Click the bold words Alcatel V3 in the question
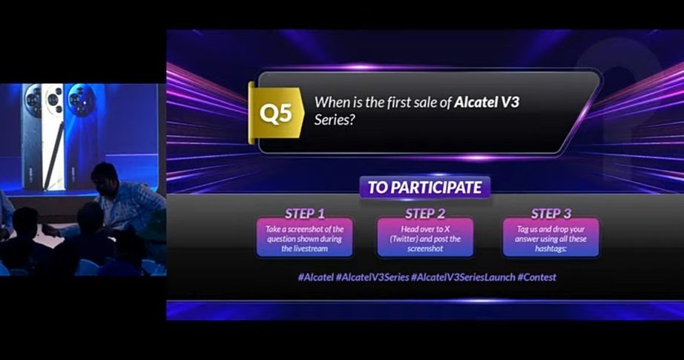coord(487,103)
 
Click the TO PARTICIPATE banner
coord(424,187)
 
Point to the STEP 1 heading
coord(305,214)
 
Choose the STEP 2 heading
coord(425,214)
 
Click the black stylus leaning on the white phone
coord(50,160)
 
